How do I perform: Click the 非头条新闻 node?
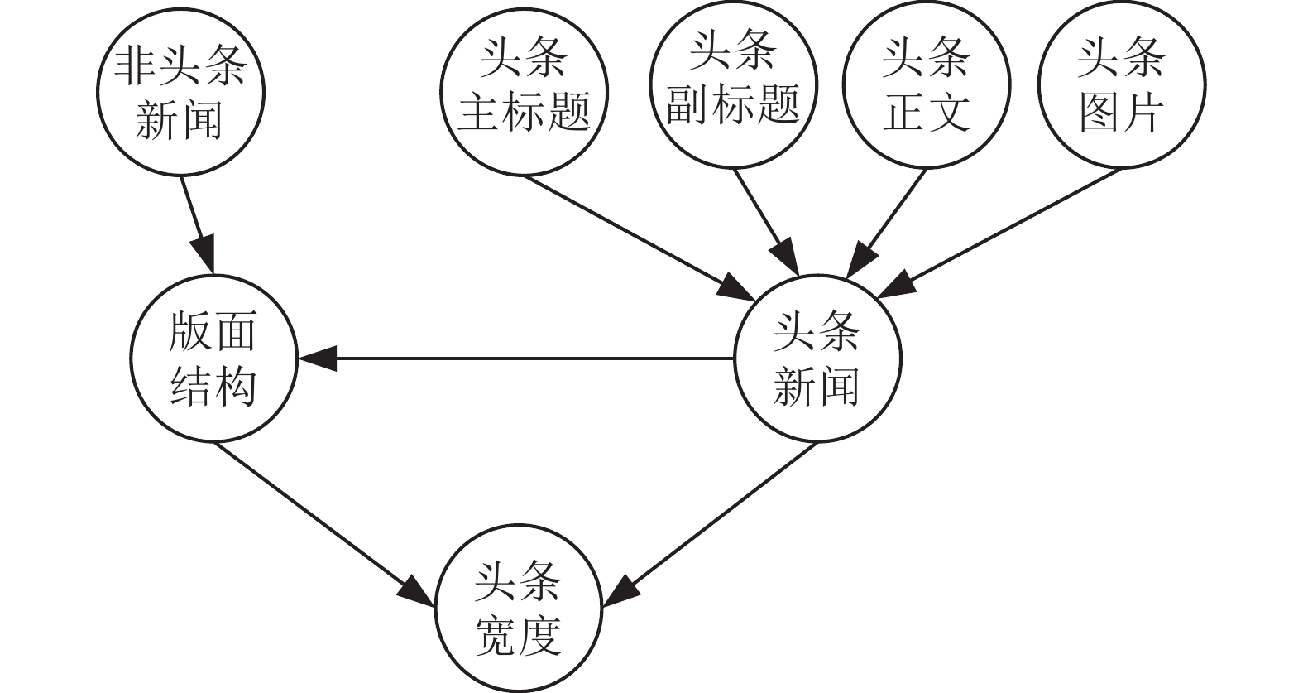tap(180, 91)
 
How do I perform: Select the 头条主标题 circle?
tap(525, 91)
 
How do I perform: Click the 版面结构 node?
tap(213, 359)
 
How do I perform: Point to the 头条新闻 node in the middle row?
tap(817, 359)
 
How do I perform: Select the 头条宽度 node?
tap(519, 610)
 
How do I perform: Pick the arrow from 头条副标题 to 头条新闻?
tap(766, 222)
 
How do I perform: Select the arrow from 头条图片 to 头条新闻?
tap(1001, 232)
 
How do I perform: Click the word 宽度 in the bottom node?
tap(519, 638)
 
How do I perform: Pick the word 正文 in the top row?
tap(927, 112)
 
